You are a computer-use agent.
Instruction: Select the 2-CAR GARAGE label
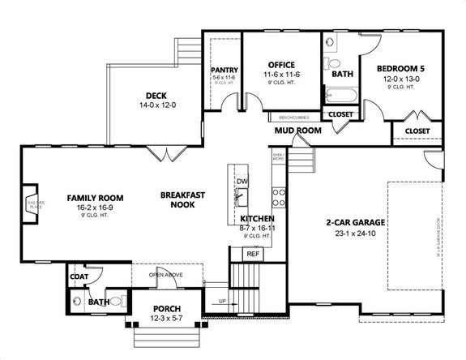pyautogui.click(x=355, y=222)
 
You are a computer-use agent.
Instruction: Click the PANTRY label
pyautogui.click(x=224, y=71)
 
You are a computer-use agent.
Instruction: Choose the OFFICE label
pyautogui.click(x=281, y=65)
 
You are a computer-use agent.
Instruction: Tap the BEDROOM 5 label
pyautogui.click(x=402, y=69)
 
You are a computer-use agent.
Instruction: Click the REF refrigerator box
pyautogui.click(x=253, y=254)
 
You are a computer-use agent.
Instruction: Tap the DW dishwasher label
pyautogui.click(x=242, y=182)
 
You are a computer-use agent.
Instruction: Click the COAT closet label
pyautogui.click(x=79, y=276)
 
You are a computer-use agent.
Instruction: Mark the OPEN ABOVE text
pyautogui.click(x=167, y=275)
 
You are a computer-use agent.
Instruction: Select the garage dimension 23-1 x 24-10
pyautogui.click(x=355, y=234)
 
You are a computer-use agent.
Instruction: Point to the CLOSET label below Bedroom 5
pyautogui.click(x=417, y=130)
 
